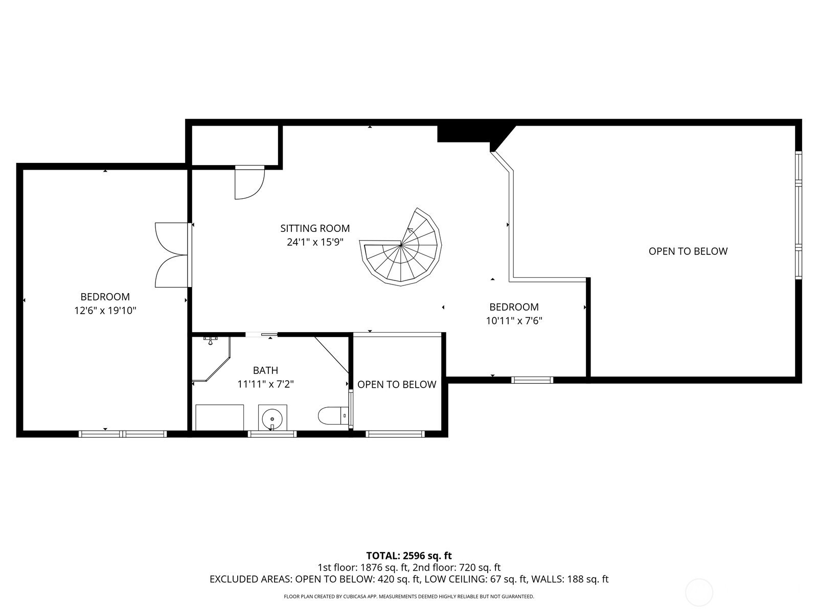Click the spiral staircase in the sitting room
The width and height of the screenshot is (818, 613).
[x=401, y=247]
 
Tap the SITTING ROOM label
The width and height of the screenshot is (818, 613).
[x=315, y=228]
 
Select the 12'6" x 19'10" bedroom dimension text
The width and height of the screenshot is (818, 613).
[x=105, y=311]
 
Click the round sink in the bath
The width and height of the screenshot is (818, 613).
[x=272, y=418]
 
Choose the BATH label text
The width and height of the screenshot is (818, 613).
[x=265, y=370]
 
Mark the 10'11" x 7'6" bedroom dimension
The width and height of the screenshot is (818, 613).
[x=514, y=321]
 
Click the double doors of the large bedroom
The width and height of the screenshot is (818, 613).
[x=172, y=255]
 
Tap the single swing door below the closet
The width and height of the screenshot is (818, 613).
[x=249, y=182]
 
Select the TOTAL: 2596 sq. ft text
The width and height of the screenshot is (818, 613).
[x=409, y=556]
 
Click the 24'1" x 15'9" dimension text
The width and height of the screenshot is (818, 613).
[x=315, y=242]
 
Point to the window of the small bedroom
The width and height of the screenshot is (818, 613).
[x=532, y=380]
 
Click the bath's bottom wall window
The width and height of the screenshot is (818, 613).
[x=272, y=434]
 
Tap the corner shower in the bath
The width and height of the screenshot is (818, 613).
[x=211, y=359]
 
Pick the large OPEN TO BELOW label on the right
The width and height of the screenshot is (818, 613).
[x=688, y=251]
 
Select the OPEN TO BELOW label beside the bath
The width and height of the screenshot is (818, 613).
[x=397, y=385]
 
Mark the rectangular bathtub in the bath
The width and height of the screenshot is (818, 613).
[x=219, y=417]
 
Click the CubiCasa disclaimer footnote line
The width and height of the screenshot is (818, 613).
[x=409, y=597]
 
